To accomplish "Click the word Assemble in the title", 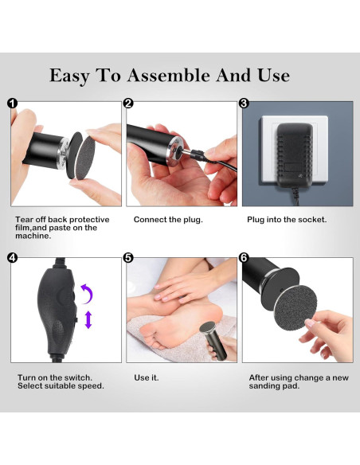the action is pyautogui.click(x=168, y=76).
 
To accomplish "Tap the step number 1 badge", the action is pyautogui.click(x=13, y=104).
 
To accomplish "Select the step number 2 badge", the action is pyautogui.click(x=128, y=104).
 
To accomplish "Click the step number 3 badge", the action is pyautogui.click(x=244, y=104).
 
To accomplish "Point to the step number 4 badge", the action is pyautogui.click(x=13, y=258).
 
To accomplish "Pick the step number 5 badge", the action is pyautogui.click(x=128, y=258).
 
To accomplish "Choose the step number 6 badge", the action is pyautogui.click(x=244, y=258).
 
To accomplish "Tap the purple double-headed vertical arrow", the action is pyautogui.click(x=88, y=320).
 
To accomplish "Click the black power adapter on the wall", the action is pyautogui.click(x=295, y=155).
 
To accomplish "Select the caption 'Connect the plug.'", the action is pyautogui.click(x=168, y=220).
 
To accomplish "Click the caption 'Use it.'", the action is pyautogui.click(x=147, y=377).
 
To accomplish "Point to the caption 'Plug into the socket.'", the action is pyautogui.click(x=287, y=220).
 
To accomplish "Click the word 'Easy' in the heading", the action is pyautogui.click(x=69, y=76).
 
